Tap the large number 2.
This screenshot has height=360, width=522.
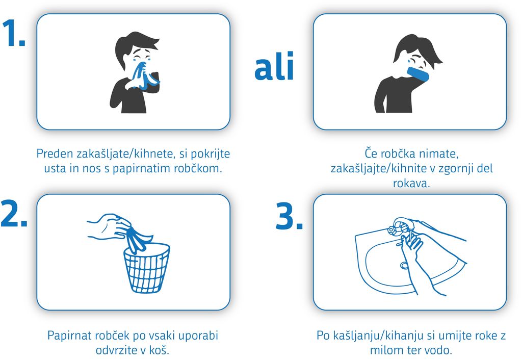pyautogui.click(x=14, y=214)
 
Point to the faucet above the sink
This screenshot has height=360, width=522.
pyautogui.click(x=401, y=226)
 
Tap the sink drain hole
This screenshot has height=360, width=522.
pyautogui.click(x=404, y=266)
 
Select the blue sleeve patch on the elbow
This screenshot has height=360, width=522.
pyautogui.click(x=418, y=74)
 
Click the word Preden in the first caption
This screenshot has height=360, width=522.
pyautogui.click(x=55, y=153)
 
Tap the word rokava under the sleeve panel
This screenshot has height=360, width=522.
pyautogui.click(x=411, y=183)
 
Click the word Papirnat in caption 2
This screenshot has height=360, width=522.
pyautogui.click(x=69, y=336)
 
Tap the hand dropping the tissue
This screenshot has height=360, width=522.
pyautogui.click(x=110, y=227)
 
